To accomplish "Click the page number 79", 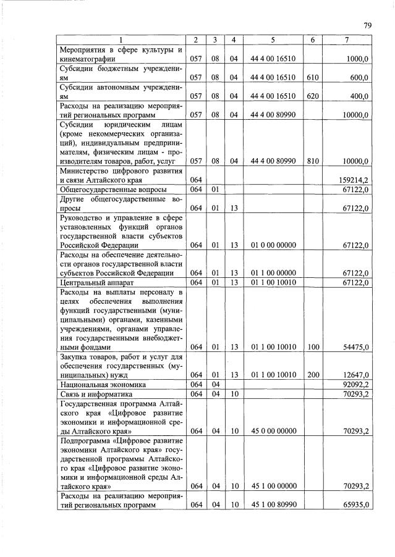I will click(x=367, y=25).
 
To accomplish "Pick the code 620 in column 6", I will click(x=313, y=96).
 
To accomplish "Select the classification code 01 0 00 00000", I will click(x=273, y=245).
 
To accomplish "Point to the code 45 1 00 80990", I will click(x=273, y=505).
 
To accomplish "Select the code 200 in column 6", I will click(x=313, y=375).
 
